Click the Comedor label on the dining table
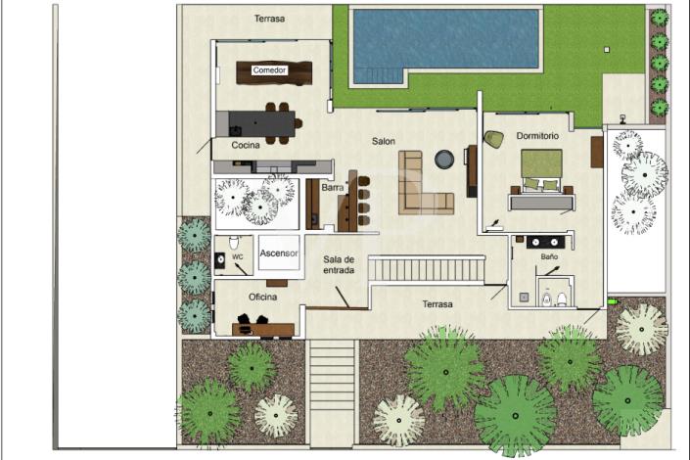click(269, 70)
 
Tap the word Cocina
click(246, 145)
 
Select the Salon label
click(384, 141)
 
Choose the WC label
click(238, 257)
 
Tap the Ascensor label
click(278, 253)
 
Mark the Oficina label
click(261, 297)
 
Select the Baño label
click(549, 256)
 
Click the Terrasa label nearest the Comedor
click(271, 19)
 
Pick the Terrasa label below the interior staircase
click(437, 304)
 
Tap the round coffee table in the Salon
click(443, 159)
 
